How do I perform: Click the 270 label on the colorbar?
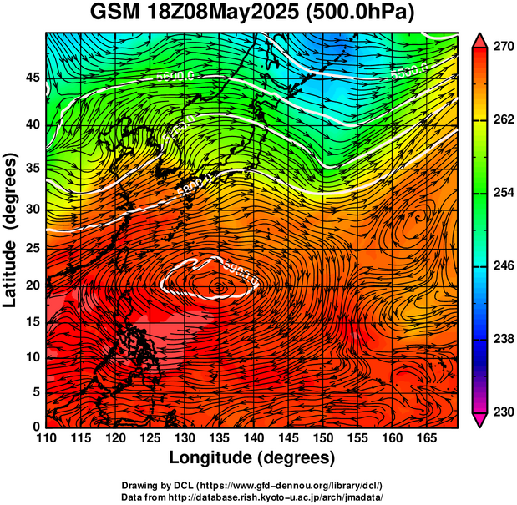point(500,48)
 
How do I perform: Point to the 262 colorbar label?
point(500,120)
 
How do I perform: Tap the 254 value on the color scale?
point(500,193)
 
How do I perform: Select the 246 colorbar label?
point(500,265)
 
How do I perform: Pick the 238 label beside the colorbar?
point(500,339)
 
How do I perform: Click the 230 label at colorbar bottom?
point(500,412)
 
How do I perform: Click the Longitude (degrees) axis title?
point(252,457)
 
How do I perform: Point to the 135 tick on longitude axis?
point(218,438)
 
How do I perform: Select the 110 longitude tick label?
point(46,438)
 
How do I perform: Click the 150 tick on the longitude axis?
point(322,438)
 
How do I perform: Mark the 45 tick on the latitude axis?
point(31,77)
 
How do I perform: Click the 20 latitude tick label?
point(31,285)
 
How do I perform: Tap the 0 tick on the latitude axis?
point(35,427)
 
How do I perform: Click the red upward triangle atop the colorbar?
point(479,39)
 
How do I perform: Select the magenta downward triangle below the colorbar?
point(479,421)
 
